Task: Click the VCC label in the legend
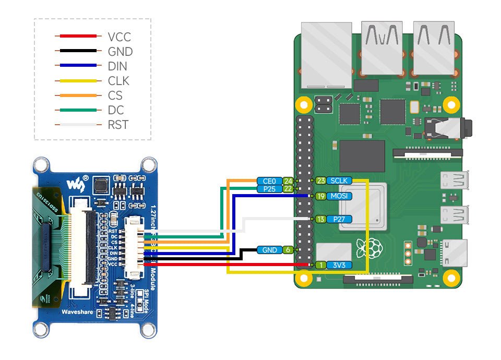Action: click(x=119, y=37)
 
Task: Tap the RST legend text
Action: click(x=118, y=125)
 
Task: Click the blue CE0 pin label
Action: click(x=269, y=181)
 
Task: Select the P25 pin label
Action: click(x=269, y=189)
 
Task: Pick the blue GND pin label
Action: click(x=269, y=250)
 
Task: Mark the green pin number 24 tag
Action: click(x=287, y=181)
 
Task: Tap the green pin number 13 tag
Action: click(x=320, y=219)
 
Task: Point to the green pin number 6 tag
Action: click(x=287, y=250)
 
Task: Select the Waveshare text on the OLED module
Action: click(x=77, y=312)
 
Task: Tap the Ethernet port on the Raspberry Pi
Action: click(x=326, y=55)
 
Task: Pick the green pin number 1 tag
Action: click(x=320, y=265)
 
